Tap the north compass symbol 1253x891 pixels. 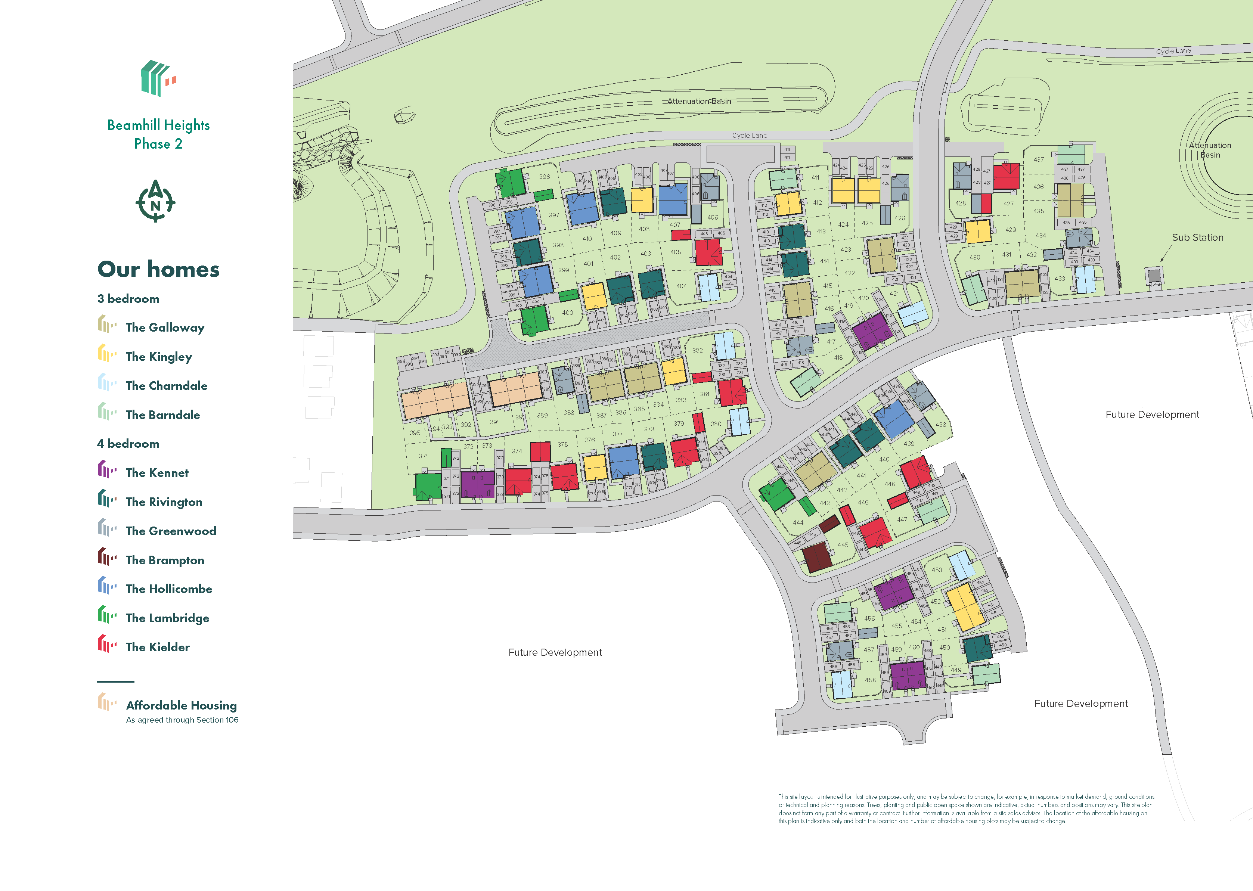(x=155, y=201)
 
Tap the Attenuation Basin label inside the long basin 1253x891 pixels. (x=699, y=101)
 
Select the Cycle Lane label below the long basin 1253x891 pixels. (x=750, y=136)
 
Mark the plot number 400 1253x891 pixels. (x=567, y=313)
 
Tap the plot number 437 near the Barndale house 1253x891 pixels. (x=1039, y=160)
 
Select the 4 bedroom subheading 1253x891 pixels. (x=128, y=444)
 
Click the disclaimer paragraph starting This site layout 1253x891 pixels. (x=965, y=809)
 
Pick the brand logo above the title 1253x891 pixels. (x=158, y=78)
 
